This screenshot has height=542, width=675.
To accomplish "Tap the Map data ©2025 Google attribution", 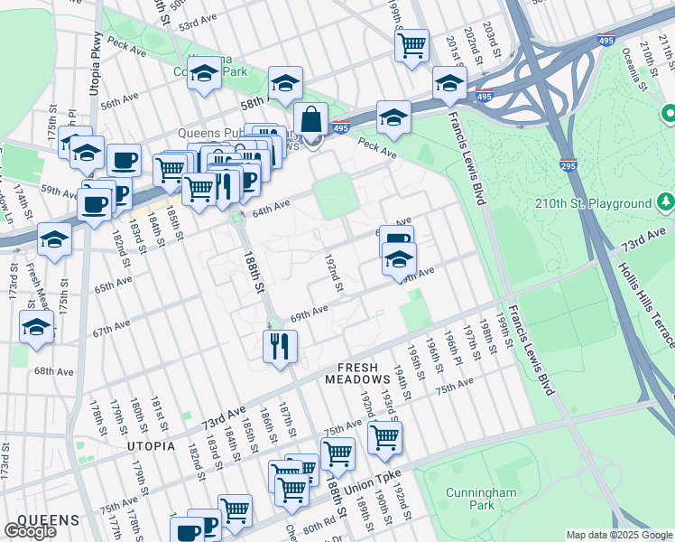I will [619, 535].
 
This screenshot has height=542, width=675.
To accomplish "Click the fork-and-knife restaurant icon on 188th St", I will [280, 346].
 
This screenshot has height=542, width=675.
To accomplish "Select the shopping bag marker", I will [310, 119].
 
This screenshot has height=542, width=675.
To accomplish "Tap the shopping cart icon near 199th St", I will [411, 44].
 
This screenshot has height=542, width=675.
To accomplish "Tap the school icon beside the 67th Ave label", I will [36, 329].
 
